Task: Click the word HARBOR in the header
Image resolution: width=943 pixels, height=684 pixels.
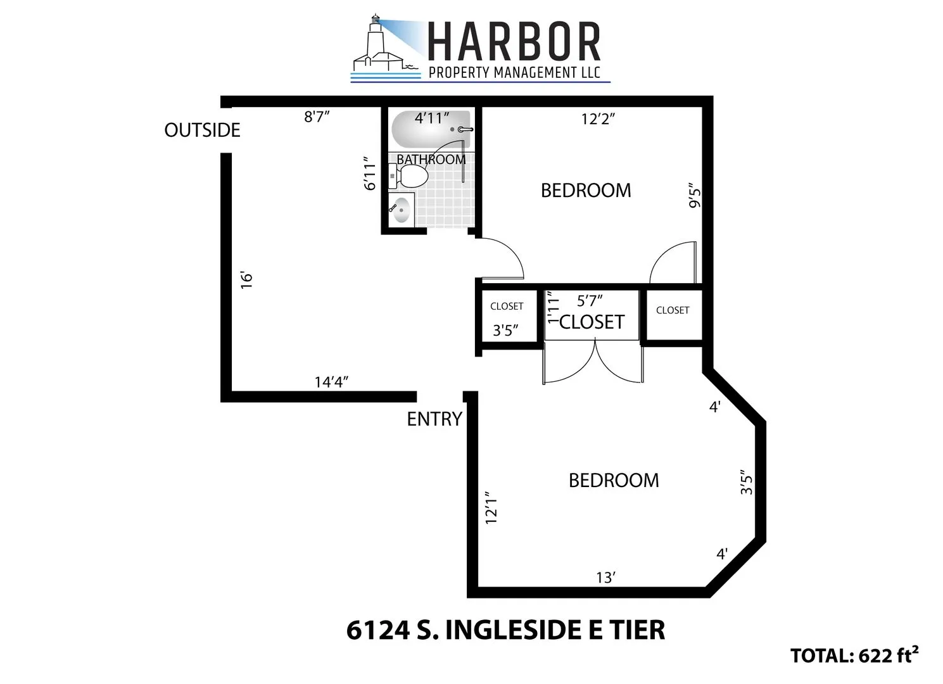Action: pos(514,43)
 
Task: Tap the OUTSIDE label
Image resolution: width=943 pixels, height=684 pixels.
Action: pos(202,130)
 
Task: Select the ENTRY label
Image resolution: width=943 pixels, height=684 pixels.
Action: pos(434,419)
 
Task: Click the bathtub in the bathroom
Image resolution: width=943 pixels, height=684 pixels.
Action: pos(431,129)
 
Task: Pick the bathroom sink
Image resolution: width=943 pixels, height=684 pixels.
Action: pos(401,210)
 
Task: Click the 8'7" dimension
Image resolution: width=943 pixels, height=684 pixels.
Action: pos(317,117)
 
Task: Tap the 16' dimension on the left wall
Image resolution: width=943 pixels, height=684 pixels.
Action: pos(247,280)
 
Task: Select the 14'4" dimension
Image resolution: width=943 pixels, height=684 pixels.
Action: pos(332,382)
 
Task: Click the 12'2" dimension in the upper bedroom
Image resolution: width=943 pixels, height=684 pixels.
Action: pos(598,119)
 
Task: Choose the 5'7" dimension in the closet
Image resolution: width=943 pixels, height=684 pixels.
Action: pos(589,301)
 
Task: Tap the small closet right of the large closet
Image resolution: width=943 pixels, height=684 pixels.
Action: pos(672,314)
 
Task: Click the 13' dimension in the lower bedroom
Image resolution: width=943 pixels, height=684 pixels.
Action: pos(605,578)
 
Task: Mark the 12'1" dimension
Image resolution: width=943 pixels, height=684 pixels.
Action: pos(491,507)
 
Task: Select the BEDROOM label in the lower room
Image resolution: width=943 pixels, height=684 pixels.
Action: pos(613,481)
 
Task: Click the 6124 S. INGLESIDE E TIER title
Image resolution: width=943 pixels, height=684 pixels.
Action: pos(505,630)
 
